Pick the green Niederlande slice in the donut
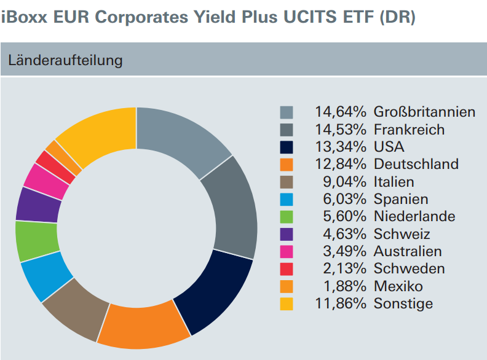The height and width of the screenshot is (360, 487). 37,241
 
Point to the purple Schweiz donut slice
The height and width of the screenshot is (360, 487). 39,205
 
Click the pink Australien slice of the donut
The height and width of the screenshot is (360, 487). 47,181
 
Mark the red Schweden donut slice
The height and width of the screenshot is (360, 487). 56,166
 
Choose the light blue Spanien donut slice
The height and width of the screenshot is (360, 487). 47,276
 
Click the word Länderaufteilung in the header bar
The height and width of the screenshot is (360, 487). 65,60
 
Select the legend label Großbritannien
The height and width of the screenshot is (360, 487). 424,112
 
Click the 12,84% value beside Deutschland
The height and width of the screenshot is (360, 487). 341,164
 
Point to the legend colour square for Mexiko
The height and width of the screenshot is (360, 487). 287,286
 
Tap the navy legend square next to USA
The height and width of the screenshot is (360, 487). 287,147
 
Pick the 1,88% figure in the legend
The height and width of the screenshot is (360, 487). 345,286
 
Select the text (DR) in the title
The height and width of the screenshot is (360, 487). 397,17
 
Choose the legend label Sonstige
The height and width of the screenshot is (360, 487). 403,304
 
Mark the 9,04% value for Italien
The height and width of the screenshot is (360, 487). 345,182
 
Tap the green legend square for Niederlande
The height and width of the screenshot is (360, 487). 287,217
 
